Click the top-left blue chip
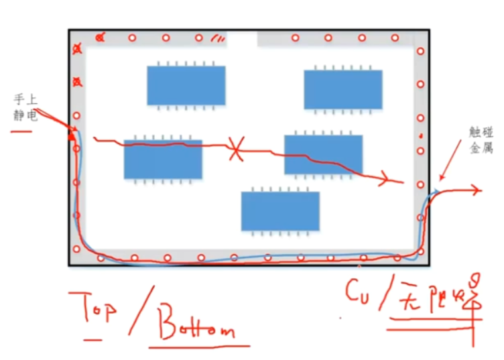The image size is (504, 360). pos(186,85)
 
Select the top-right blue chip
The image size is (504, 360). pos(343,89)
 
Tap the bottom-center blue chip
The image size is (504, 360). pos(280,211)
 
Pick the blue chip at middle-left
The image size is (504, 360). pos(163,160)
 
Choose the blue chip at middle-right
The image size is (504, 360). pos(323,154)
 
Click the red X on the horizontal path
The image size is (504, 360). pos(235,147)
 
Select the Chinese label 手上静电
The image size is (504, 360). pos(26,107)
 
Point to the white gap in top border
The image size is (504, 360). pos(242,38)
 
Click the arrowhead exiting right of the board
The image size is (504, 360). pos(476,190)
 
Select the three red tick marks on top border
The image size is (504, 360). pos(217,38)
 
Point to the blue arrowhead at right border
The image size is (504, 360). pos(436,192)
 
